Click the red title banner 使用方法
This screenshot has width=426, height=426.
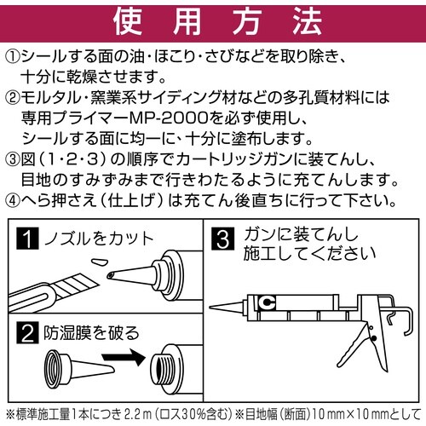pos(213,19)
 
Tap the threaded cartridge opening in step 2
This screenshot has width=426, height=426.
pos(170,368)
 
